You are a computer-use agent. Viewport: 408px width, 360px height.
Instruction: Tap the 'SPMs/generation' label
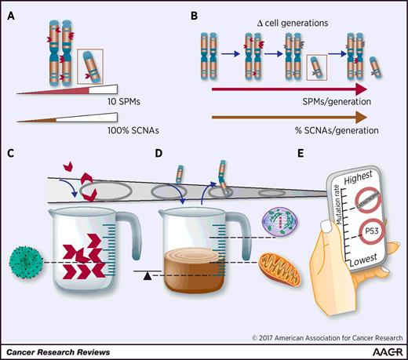(350, 105)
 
